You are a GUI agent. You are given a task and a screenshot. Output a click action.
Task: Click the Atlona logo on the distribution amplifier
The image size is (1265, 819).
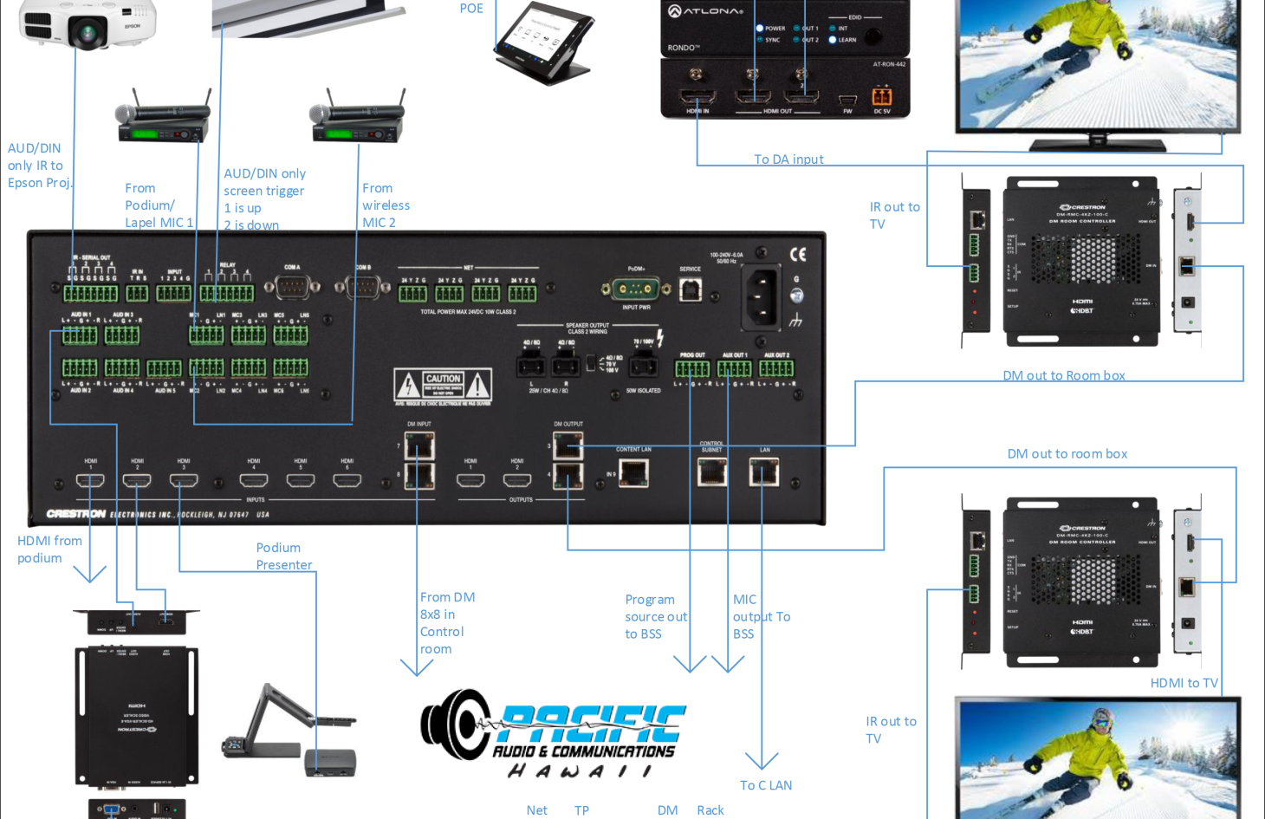tap(705, 10)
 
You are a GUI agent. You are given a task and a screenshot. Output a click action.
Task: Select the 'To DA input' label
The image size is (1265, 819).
tap(788, 159)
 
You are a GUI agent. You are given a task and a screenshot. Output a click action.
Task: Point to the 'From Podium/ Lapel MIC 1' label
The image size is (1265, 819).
tap(159, 205)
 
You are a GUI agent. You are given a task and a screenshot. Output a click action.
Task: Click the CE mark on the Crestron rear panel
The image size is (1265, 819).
tap(798, 254)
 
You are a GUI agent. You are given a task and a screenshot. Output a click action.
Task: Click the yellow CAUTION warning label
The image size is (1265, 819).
tap(443, 384)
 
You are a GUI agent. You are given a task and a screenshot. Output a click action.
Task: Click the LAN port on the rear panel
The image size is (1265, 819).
tap(764, 471)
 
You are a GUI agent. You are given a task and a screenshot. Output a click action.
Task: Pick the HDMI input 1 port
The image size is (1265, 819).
tap(91, 480)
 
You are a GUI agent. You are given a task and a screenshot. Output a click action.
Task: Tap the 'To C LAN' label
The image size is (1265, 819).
tap(766, 785)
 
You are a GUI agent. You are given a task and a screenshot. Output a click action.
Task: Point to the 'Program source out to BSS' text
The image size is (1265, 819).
tap(656, 616)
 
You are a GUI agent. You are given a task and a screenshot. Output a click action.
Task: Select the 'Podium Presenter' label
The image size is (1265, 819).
tap(283, 556)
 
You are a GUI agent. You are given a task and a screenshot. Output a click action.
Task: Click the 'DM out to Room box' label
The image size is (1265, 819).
tap(1064, 375)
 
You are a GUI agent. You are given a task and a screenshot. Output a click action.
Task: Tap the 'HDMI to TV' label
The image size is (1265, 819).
tap(1184, 683)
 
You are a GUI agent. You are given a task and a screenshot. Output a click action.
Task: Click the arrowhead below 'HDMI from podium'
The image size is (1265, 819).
tap(90, 574)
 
